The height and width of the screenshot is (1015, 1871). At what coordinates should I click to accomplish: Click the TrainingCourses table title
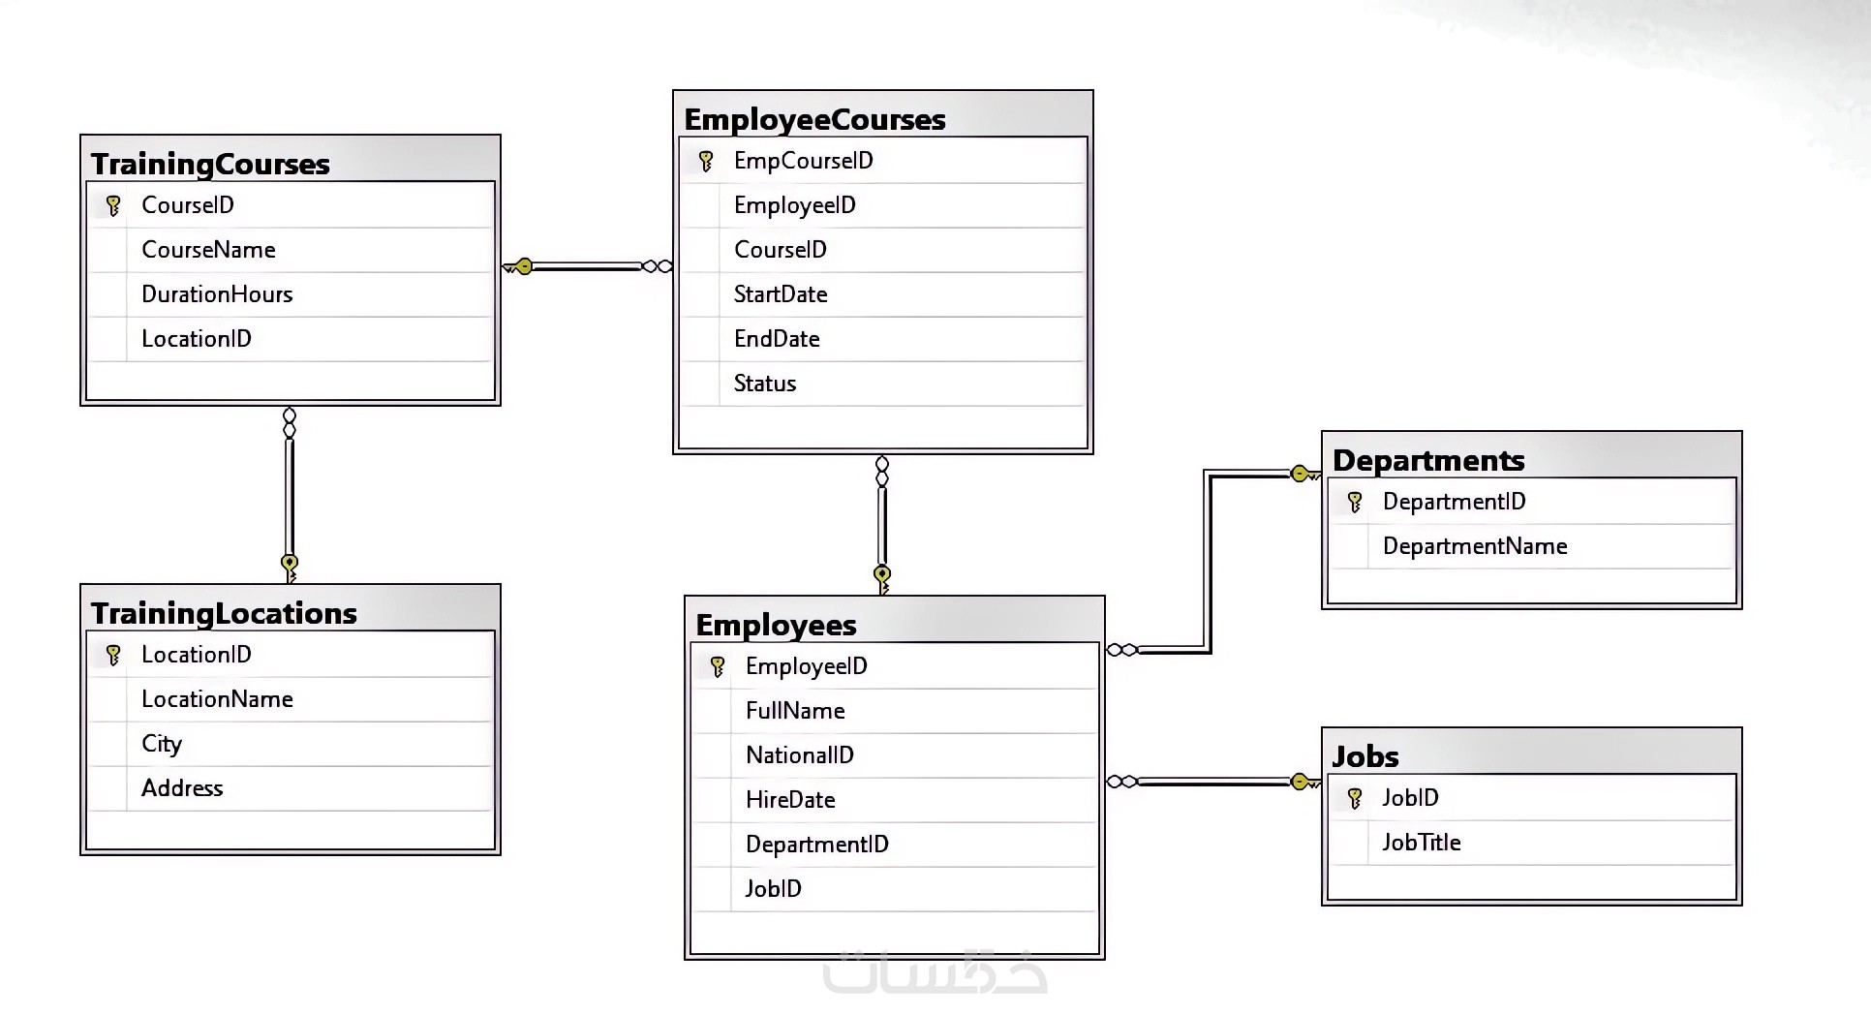click(210, 164)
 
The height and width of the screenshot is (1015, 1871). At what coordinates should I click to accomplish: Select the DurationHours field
click(217, 294)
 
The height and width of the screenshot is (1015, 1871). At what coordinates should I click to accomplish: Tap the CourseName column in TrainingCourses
click(208, 250)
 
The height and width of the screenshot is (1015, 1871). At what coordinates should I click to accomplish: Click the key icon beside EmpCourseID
click(706, 161)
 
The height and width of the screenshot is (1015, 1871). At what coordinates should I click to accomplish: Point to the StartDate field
click(781, 294)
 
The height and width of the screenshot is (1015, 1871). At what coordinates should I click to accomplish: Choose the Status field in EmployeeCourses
click(765, 384)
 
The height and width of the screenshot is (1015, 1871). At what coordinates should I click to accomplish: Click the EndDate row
click(777, 339)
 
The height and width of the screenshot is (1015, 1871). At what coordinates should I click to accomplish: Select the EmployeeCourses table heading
click(814, 119)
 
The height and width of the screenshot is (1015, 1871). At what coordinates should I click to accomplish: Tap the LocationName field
click(217, 699)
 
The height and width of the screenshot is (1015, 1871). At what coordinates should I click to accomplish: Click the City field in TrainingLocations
click(162, 744)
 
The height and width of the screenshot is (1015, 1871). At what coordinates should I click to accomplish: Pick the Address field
click(182, 788)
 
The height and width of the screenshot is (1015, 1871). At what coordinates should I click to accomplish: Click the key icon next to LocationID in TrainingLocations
click(113, 655)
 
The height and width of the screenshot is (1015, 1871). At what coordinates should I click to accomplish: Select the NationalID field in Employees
click(800, 755)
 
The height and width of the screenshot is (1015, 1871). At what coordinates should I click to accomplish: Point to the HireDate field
click(790, 800)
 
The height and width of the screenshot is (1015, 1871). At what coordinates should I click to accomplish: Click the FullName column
click(795, 711)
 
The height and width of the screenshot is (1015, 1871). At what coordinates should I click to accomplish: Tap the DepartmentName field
click(1475, 546)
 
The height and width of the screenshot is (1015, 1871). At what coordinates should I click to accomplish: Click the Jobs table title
click(1365, 756)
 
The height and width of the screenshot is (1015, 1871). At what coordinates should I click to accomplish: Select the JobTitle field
click(1422, 843)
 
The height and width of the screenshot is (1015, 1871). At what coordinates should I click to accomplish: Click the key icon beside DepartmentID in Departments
click(1355, 502)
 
